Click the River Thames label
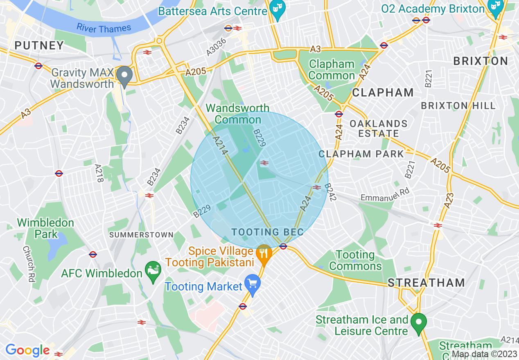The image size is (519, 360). point(104,28)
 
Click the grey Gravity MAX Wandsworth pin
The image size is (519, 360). point(124,76)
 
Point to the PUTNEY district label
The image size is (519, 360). point(40,45)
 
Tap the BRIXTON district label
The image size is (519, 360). point(481,61)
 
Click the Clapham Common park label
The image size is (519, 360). point(332,70)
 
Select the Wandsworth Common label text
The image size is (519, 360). point(238,114)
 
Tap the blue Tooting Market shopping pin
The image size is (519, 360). point(253,284)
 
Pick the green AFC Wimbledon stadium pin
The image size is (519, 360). point(153,271)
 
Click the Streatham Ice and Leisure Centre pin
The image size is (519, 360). point(418,323)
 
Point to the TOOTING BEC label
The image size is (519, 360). point(267,232)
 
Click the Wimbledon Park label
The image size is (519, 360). point(45,228)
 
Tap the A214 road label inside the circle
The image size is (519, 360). point(220,146)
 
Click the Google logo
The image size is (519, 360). point(27,351)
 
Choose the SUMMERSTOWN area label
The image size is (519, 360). point(141,235)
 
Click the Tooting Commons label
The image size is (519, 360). point(355,261)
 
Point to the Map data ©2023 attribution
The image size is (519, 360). point(484,354)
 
